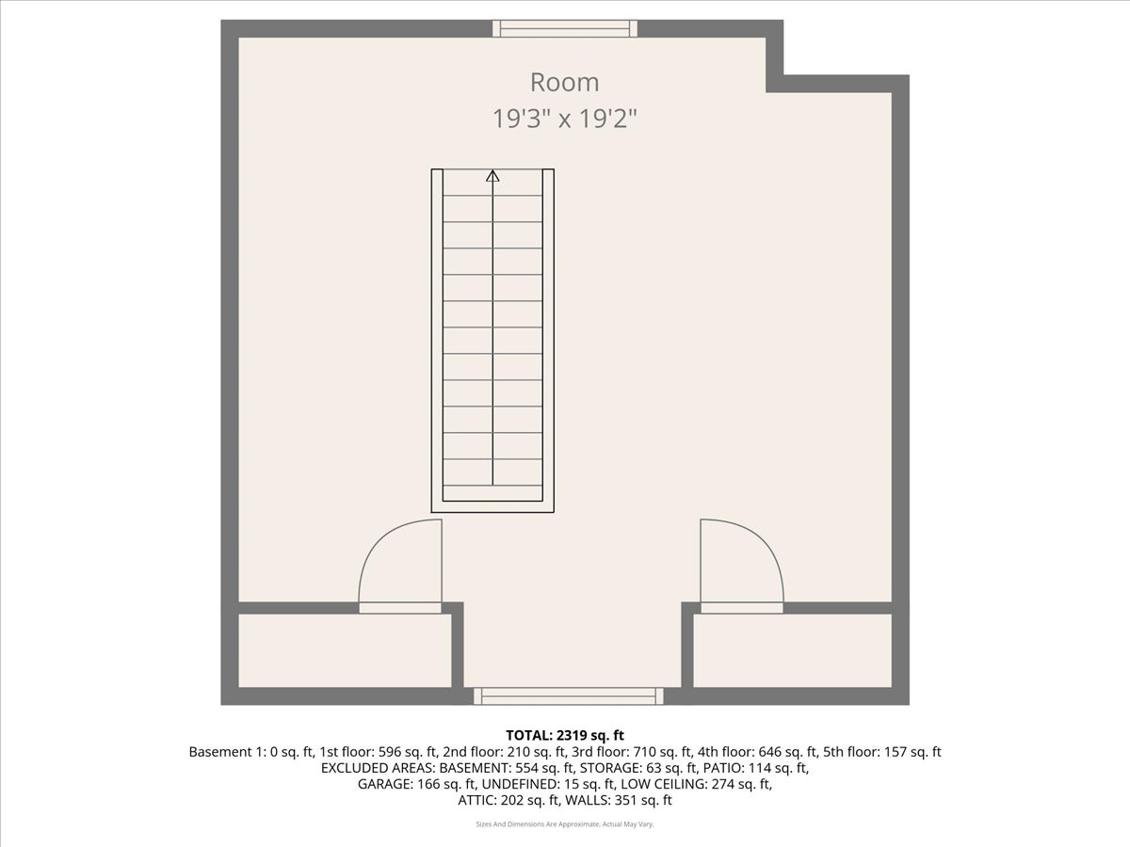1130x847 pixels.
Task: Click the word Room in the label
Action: click(564, 83)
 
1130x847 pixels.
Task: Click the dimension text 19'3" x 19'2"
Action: click(564, 120)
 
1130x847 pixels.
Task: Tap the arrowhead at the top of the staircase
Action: click(492, 175)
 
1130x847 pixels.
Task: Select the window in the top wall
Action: click(565, 28)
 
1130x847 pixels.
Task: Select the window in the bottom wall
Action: click(568, 696)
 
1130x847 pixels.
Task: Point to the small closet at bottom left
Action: click(344, 650)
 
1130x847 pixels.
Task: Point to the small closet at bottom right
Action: click(792, 650)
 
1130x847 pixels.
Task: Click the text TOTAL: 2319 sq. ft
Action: click(565, 736)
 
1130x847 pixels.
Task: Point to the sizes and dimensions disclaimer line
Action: click(565, 824)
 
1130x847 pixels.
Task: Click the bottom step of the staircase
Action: click(492, 493)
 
